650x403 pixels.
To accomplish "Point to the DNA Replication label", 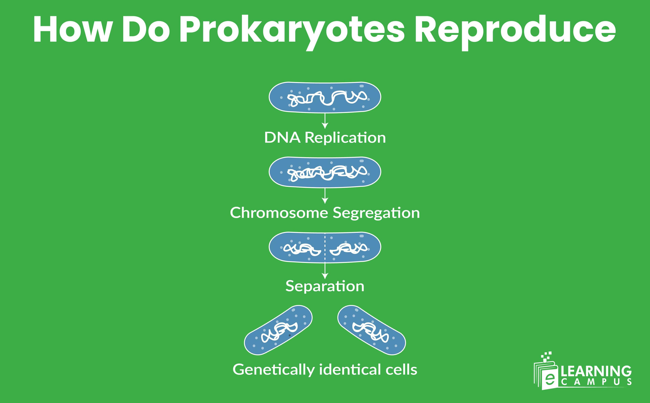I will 325,138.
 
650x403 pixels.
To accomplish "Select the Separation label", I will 325,286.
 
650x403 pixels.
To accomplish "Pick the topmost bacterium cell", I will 325,97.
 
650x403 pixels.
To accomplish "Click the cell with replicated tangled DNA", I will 325,172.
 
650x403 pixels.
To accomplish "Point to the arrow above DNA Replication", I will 325,121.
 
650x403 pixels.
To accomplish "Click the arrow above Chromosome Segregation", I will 325,197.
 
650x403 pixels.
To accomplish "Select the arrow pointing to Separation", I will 325,271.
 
